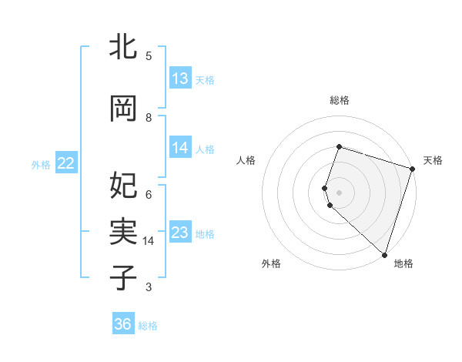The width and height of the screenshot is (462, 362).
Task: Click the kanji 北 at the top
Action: (x=123, y=48)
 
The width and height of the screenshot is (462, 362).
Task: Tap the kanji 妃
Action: (x=123, y=185)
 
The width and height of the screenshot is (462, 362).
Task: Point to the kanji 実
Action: (x=123, y=231)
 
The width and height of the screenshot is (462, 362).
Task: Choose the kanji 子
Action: (x=123, y=277)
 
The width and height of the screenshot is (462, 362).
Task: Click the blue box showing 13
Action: (x=180, y=79)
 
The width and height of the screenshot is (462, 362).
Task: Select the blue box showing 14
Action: (x=180, y=148)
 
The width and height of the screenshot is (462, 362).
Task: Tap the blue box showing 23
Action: (x=180, y=233)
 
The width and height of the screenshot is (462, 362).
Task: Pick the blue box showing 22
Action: (x=66, y=163)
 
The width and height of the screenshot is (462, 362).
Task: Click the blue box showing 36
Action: (x=123, y=324)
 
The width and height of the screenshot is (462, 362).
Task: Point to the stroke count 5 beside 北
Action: (x=149, y=55)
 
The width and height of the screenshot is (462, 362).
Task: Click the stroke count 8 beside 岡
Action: (x=149, y=117)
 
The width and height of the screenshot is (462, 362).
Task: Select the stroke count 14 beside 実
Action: (x=149, y=241)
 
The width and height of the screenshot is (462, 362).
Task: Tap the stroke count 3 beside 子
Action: (x=149, y=287)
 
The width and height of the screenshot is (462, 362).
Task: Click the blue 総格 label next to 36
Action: (x=148, y=326)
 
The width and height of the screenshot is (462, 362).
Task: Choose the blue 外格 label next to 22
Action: (x=41, y=164)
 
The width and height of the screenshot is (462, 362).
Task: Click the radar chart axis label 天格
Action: (x=433, y=160)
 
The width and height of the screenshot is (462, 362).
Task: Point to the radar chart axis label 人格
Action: (x=246, y=160)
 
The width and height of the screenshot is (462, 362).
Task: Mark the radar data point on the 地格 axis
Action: (x=384, y=255)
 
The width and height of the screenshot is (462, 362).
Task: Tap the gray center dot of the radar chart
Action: (x=339, y=192)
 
